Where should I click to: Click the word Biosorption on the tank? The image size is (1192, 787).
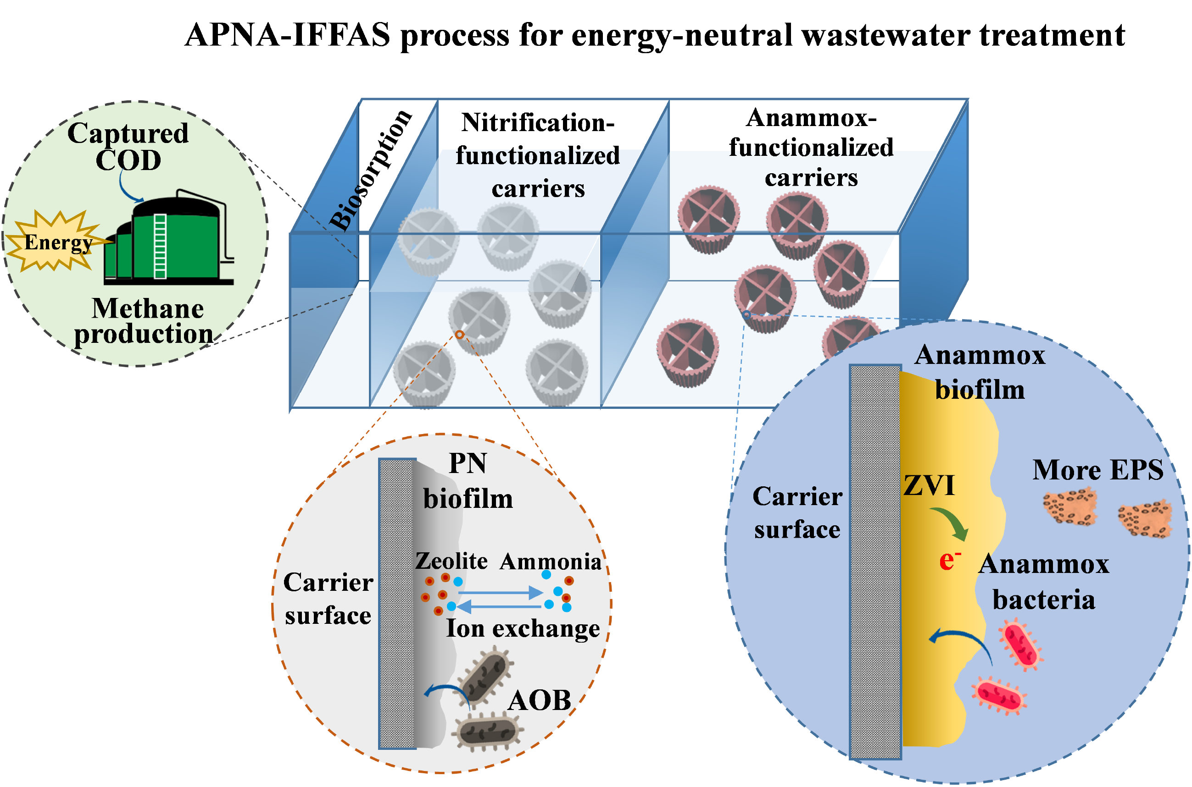(x=370, y=171)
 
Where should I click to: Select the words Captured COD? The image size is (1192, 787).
(x=128, y=147)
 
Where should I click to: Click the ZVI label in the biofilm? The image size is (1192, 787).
(x=929, y=486)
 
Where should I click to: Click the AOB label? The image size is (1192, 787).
(x=540, y=700)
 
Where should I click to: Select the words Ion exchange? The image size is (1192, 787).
(x=523, y=629)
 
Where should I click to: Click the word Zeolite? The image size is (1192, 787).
(x=451, y=561)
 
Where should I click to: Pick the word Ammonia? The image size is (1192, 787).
(x=551, y=561)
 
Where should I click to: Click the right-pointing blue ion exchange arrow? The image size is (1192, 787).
(x=500, y=593)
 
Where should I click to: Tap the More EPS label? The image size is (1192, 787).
(x=1097, y=470)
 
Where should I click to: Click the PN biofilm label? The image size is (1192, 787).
(x=468, y=481)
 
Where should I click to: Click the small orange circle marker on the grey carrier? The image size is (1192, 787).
(x=460, y=334)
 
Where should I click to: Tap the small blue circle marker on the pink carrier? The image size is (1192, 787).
(x=747, y=315)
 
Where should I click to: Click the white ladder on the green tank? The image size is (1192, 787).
(x=160, y=246)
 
